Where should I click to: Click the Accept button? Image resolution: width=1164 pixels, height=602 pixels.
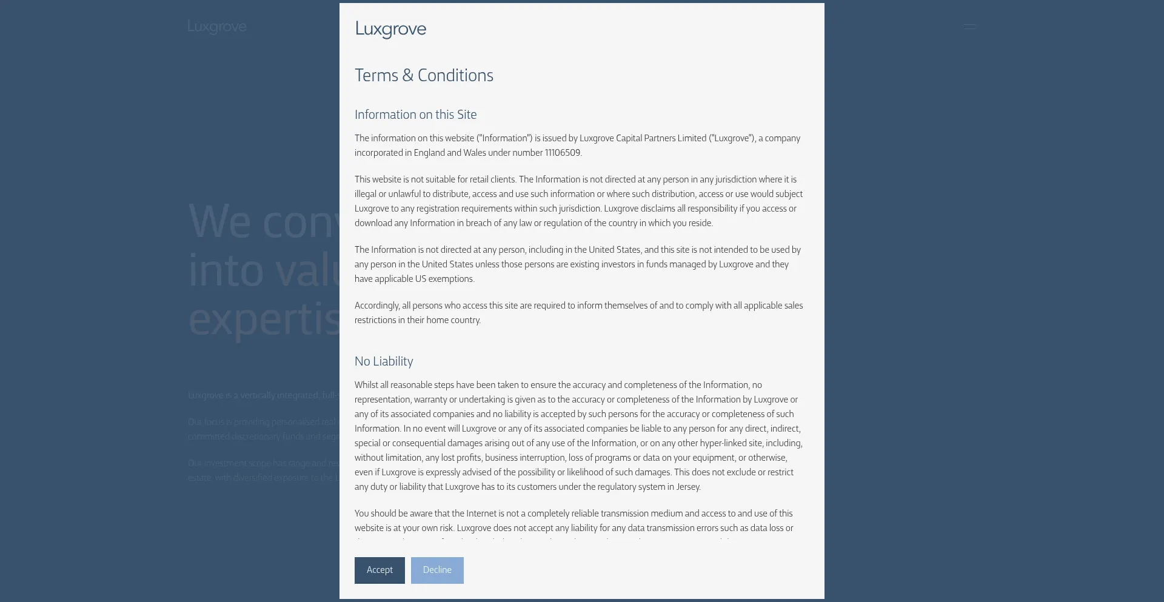pyautogui.click(x=380, y=570)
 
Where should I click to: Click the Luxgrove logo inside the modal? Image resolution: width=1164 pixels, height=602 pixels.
pyautogui.click(x=390, y=29)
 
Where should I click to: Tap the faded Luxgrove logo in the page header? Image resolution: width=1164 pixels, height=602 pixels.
pyautogui.click(x=217, y=27)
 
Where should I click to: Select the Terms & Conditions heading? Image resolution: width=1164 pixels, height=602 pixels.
pyautogui.click(x=424, y=76)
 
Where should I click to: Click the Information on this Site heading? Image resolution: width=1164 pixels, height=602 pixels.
pyautogui.click(x=415, y=115)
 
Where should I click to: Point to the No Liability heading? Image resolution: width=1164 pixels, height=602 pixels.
pyautogui.click(x=384, y=361)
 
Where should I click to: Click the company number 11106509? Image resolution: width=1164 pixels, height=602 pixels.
pyautogui.click(x=563, y=153)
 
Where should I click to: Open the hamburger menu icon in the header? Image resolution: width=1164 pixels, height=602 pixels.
pyautogui.click(x=970, y=27)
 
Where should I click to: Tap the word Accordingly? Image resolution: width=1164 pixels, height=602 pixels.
pyautogui.click(x=376, y=306)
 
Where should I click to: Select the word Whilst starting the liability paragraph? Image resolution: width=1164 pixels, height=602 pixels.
pyautogui.click(x=366, y=385)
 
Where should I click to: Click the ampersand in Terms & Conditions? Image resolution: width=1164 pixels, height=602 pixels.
pyautogui.click(x=407, y=76)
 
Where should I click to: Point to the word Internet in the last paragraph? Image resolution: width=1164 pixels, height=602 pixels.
pyautogui.click(x=481, y=513)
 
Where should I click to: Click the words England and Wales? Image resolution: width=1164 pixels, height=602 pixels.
pyautogui.click(x=450, y=153)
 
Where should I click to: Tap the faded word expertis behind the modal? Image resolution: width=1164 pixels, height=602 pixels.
pyautogui.click(x=264, y=319)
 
